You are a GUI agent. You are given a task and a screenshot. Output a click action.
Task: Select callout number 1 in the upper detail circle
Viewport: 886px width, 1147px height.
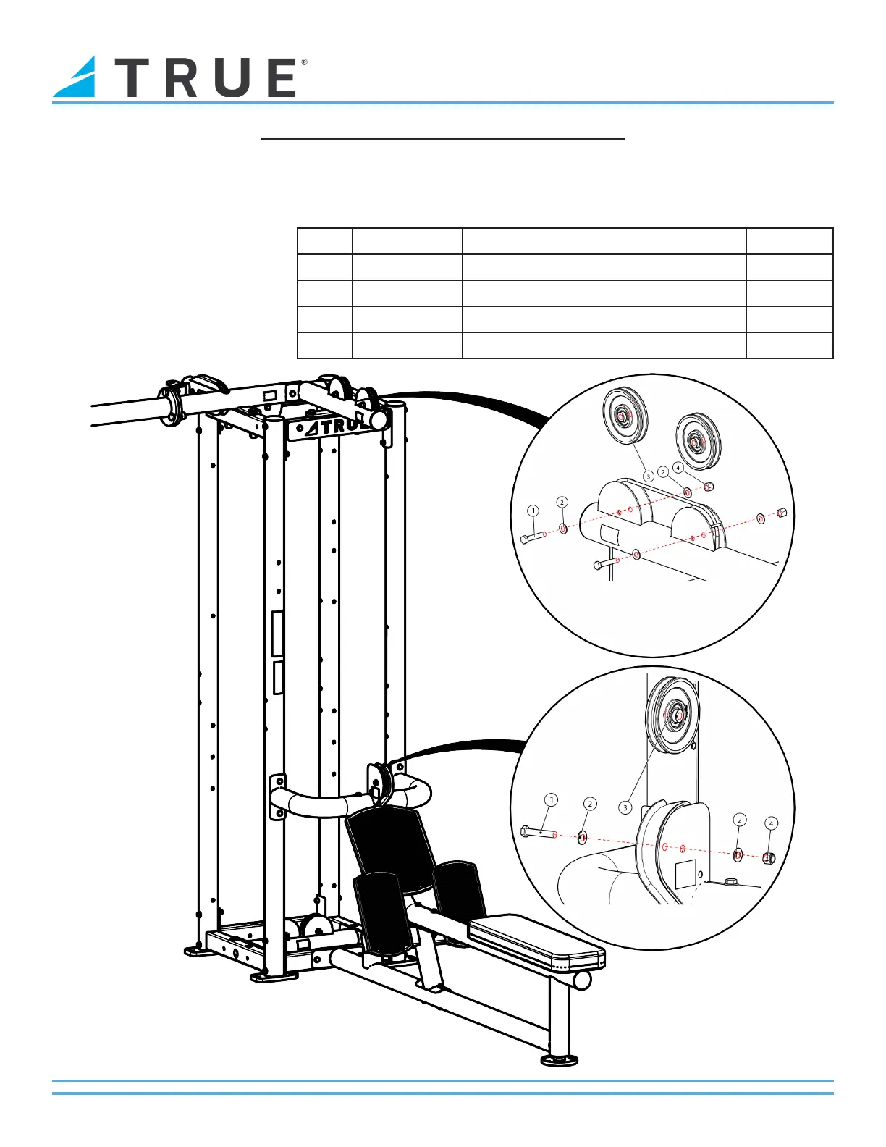pyautogui.click(x=533, y=511)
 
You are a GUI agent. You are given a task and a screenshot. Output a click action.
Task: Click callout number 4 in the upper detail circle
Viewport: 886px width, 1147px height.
pyautogui.click(x=678, y=468)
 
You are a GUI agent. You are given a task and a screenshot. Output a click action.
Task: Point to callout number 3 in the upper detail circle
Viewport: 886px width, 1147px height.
pyautogui.click(x=649, y=476)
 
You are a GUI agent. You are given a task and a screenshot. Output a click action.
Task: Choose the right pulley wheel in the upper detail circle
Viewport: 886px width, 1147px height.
pyautogui.click(x=697, y=437)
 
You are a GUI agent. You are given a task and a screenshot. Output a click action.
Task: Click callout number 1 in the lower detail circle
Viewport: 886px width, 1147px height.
pyautogui.click(x=552, y=799)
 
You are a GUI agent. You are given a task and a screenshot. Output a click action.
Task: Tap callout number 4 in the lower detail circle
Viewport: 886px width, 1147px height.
pyautogui.click(x=771, y=823)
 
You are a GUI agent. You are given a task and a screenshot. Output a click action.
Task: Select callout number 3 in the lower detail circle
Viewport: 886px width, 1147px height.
pyautogui.click(x=625, y=807)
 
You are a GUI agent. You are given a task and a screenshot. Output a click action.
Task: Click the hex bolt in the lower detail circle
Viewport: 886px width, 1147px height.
pyautogui.click(x=536, y=832)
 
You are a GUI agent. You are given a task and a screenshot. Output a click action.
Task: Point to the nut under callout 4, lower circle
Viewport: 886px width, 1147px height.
pyautogui.click(x=769, y=858)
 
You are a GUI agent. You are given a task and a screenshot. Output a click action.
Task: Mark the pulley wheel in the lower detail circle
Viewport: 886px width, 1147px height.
pyautogui.click(x=673, y=714)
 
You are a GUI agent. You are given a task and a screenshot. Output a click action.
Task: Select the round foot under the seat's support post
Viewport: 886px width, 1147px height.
pyautogui.click(x=560, y=1060)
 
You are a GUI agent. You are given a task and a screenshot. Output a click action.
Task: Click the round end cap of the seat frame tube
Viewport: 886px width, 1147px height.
pyautogui.click(x=582, y=980)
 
